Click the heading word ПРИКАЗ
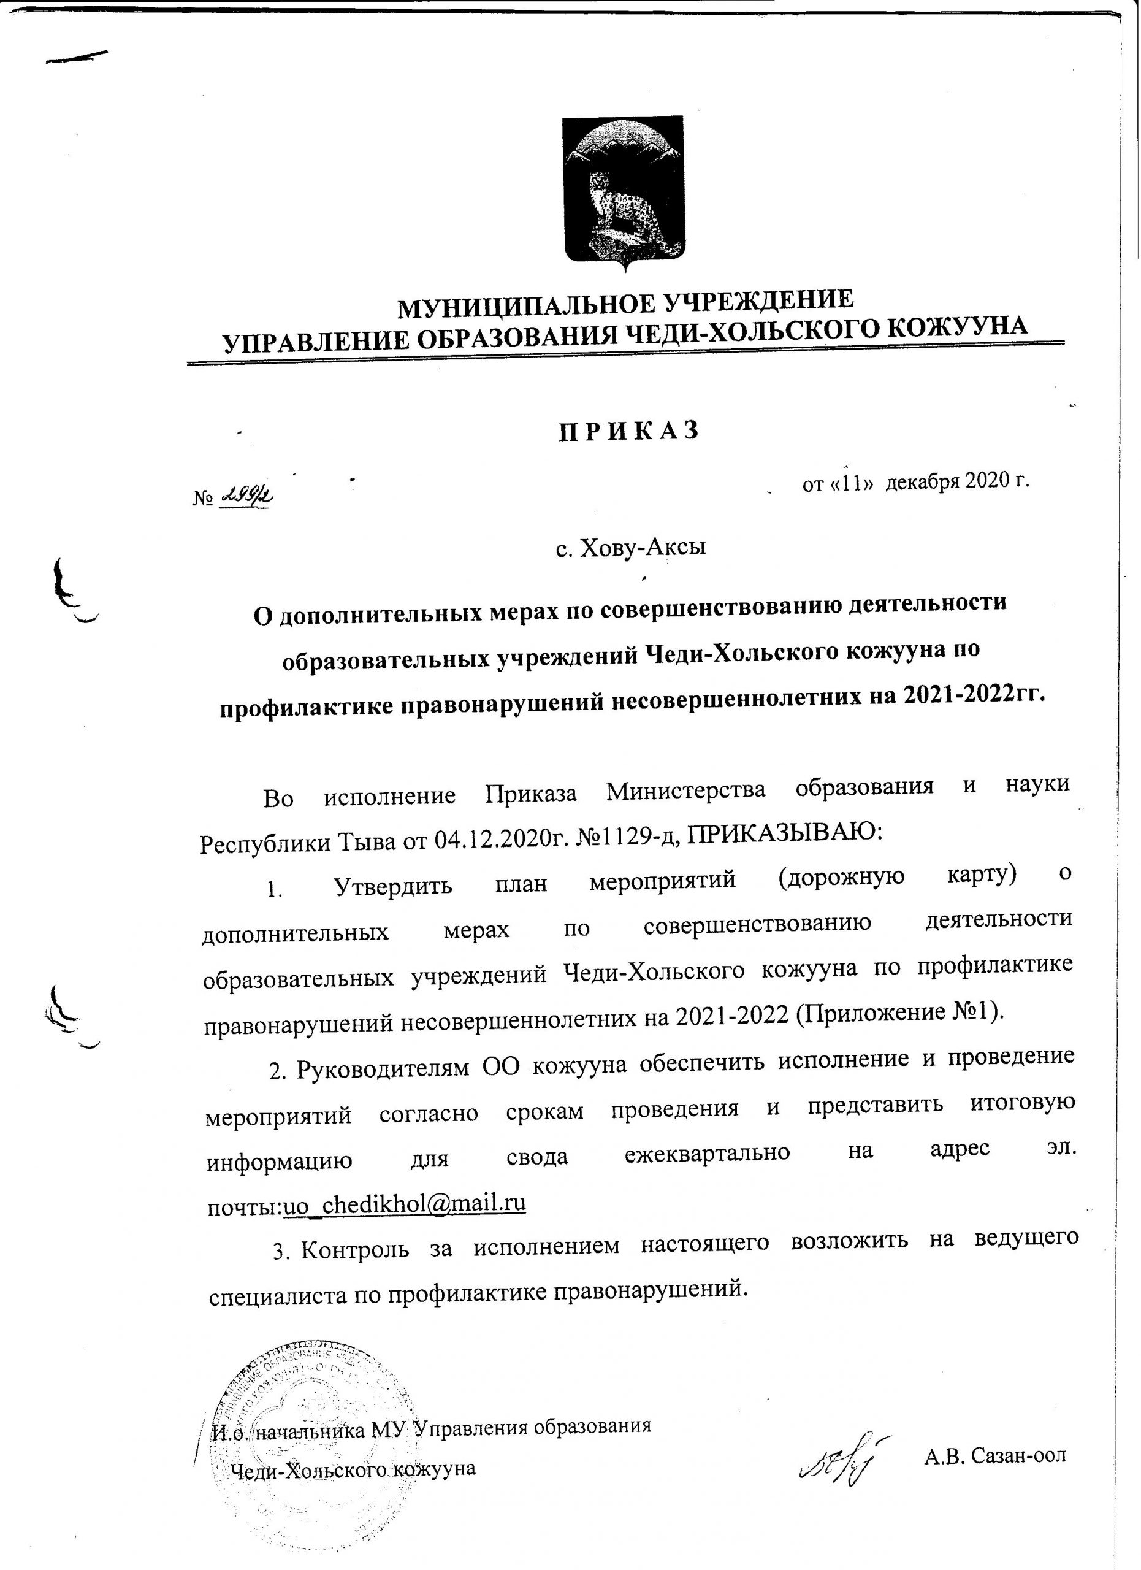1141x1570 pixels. tap(628, 430)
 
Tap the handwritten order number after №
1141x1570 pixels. tap(245, 496)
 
